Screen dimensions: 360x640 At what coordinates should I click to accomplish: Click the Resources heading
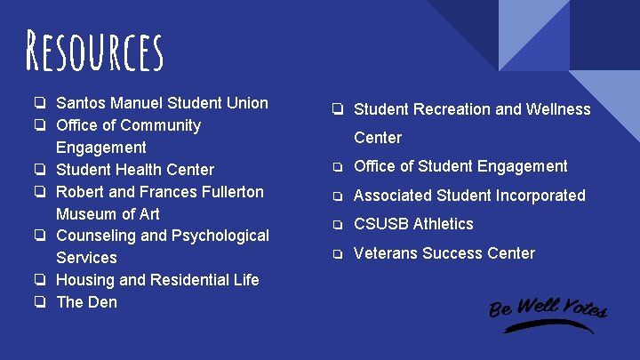click(93, 51)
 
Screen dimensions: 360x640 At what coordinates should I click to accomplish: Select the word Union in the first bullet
click(246, 103)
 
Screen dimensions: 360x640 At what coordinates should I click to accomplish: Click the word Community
click(161, 125)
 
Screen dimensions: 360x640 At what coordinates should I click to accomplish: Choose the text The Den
click(87, 302)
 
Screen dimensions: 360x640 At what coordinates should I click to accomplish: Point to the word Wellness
click(556, 109)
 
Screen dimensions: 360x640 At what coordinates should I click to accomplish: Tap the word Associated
click(396, 196)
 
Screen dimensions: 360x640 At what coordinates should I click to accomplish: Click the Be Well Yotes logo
click(547, 312)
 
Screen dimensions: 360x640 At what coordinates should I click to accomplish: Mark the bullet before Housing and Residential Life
click(41, 280)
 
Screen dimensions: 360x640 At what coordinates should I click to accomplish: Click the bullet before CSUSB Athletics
click(338, 225)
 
